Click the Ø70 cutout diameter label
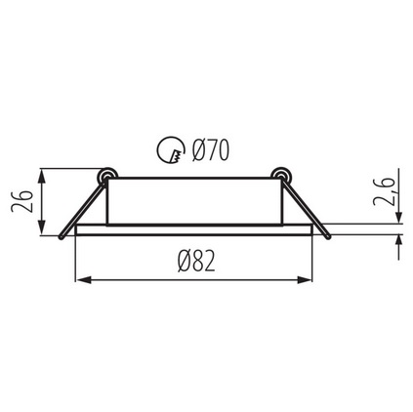click(x=211, y=150)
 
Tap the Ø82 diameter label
click(x=197, y=262)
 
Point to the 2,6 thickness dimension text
click(x=383, y=191)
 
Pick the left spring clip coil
click(x=107, y=176)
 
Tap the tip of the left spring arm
click(x=61, y=238)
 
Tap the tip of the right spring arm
click(x=328, y=237)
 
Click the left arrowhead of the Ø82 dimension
click(x=82, y=279)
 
